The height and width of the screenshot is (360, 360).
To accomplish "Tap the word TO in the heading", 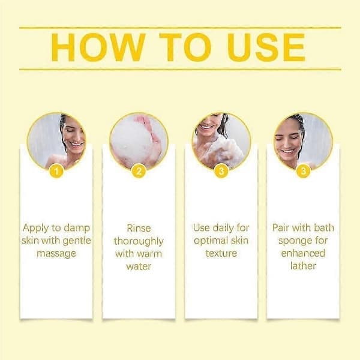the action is (x=185, y=47).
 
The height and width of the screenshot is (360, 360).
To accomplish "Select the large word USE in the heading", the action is (x=266, y=47).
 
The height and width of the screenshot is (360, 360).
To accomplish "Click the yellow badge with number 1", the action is (x=56, y=171).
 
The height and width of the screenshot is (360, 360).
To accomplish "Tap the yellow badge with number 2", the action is (x=139, y=171).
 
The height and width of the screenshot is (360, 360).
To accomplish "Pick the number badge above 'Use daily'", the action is (x=221, y=171).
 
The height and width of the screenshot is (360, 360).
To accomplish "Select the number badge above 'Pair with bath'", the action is (x=303, y=171).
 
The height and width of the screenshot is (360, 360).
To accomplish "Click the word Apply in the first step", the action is (x=35, y=229).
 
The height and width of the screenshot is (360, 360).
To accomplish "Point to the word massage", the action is (x=56, y=254).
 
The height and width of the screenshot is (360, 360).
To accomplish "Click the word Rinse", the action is (x=139, y=228).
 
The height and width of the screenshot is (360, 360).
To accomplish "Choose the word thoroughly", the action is (x=139, y=241).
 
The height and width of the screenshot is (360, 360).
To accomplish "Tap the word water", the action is (x=139, y=266).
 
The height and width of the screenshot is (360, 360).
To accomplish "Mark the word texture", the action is (x=221, y=253).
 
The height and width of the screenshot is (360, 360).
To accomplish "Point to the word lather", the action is (x=303, y=266).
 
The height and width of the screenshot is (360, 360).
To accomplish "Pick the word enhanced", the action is (x=303, y=253).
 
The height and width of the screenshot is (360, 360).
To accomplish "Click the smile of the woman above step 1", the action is (x=76, y=145).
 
